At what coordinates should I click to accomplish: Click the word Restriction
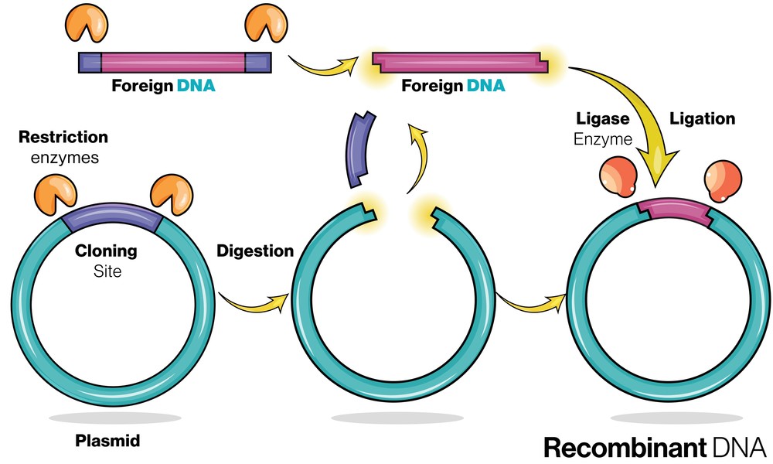pos(63,138)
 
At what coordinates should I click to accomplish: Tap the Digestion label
pos(255,251)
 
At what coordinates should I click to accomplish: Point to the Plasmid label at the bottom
pos(109,442)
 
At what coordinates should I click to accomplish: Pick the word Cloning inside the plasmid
pos(106,251)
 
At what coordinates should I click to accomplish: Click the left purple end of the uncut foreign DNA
pos(90,62)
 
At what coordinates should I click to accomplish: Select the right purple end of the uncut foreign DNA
pos(258,62)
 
